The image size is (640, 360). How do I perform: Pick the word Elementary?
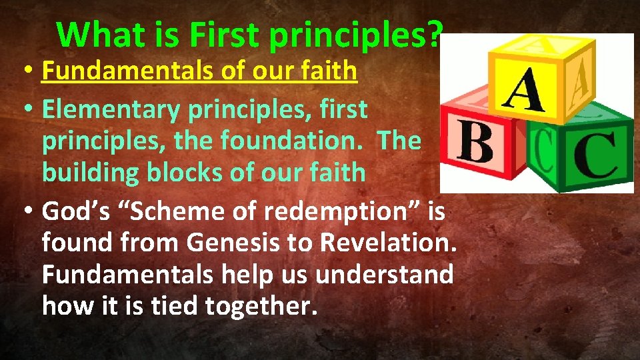(x=110, y=109)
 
